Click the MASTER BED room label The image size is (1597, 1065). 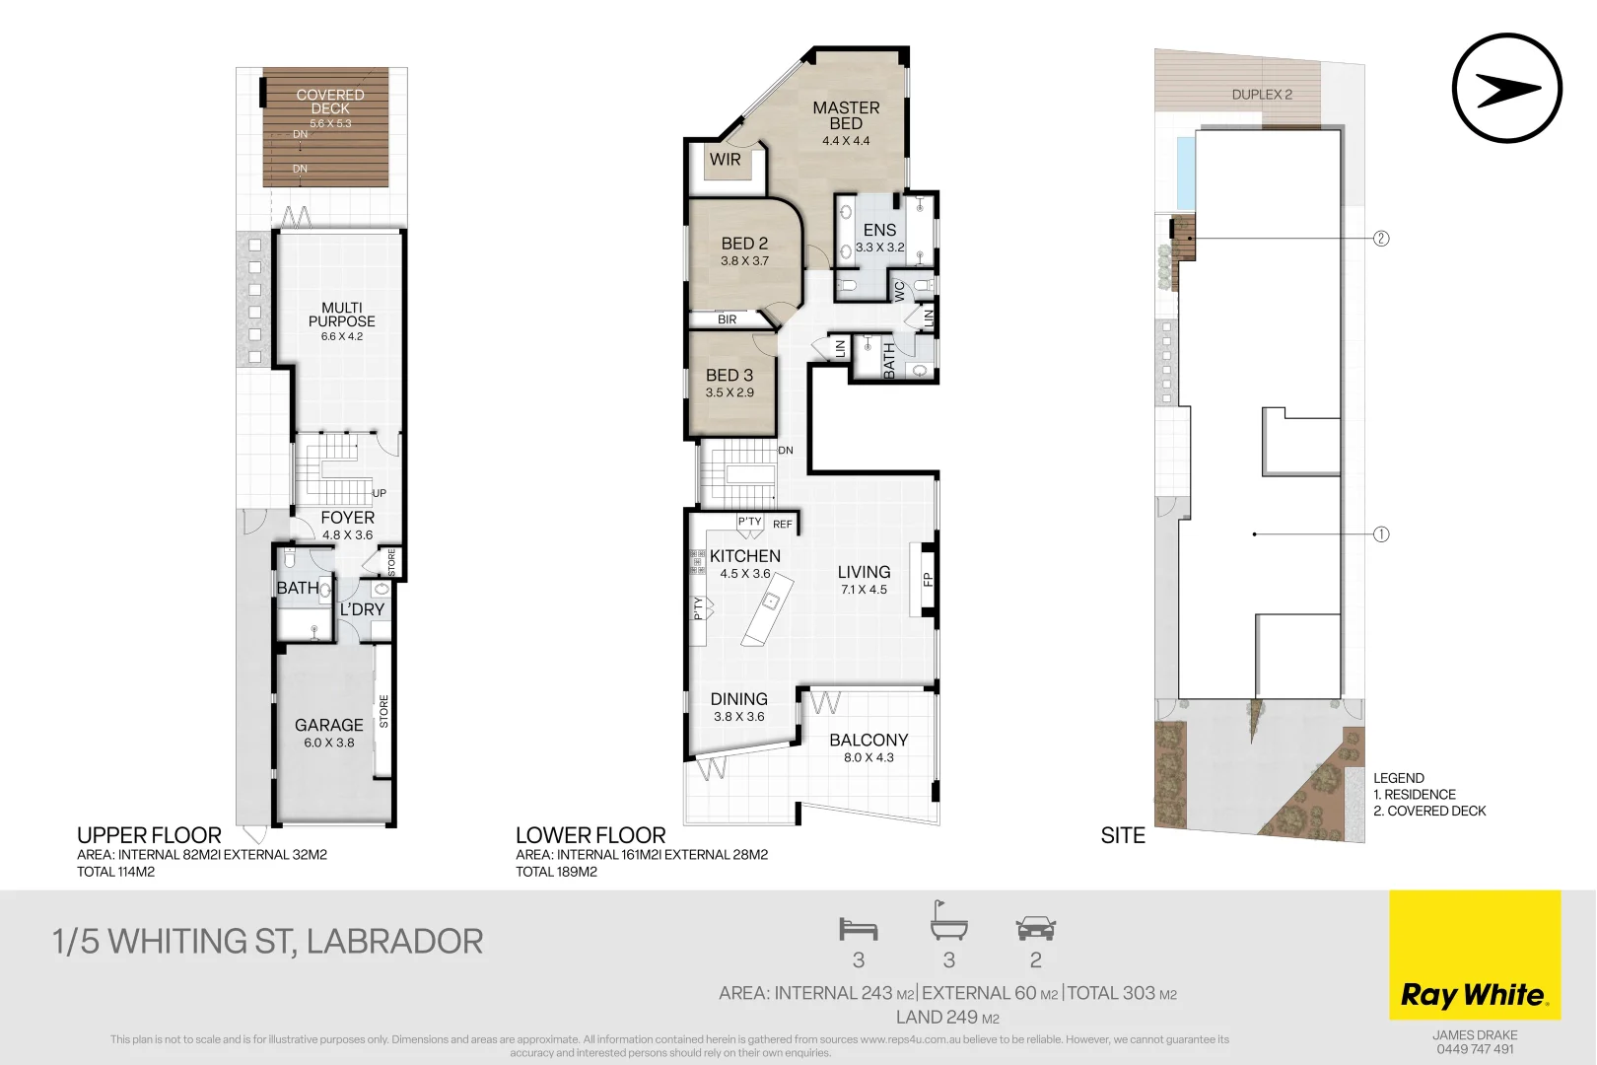tap(846, 115)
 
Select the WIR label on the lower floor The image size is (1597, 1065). tap(725, 160)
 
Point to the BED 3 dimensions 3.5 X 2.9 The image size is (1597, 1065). tap(729, 392)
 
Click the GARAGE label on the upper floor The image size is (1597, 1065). tap(328, 725)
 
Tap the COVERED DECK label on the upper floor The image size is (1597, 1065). tap(330, 102)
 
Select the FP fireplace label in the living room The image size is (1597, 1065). tap(927, 579)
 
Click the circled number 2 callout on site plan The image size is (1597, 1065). tap(1381, 239)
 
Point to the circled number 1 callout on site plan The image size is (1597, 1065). tap(1381, 534)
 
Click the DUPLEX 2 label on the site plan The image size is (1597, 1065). tap(1262, 95)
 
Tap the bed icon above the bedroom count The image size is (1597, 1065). tap(858, 929)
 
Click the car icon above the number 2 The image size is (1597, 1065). tap(1035, 928)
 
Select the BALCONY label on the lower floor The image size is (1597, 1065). tap(868, 740)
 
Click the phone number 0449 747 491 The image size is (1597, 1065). tap(1475, 1049)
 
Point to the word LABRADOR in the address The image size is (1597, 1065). tap(394, 942)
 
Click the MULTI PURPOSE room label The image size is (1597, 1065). tap(341, 315)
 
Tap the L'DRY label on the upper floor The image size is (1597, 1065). tap(362, 609)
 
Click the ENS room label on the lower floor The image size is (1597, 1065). tap(879, 230)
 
